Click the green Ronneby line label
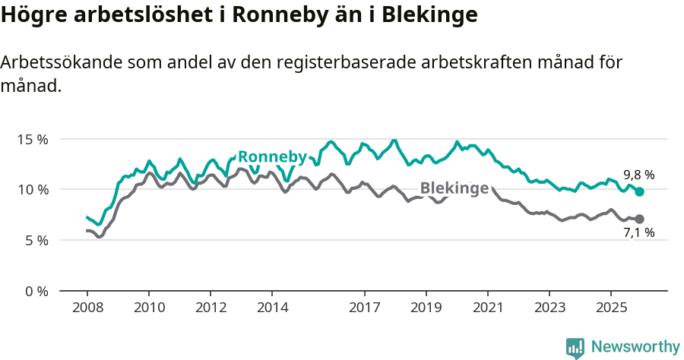pos(272,157)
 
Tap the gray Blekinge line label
pos(454,188)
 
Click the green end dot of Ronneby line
pos(640,192)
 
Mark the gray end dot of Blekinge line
pos(640,219)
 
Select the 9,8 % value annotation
pos(639,175)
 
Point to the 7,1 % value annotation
pos(639,233)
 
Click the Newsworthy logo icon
pos(575,348)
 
